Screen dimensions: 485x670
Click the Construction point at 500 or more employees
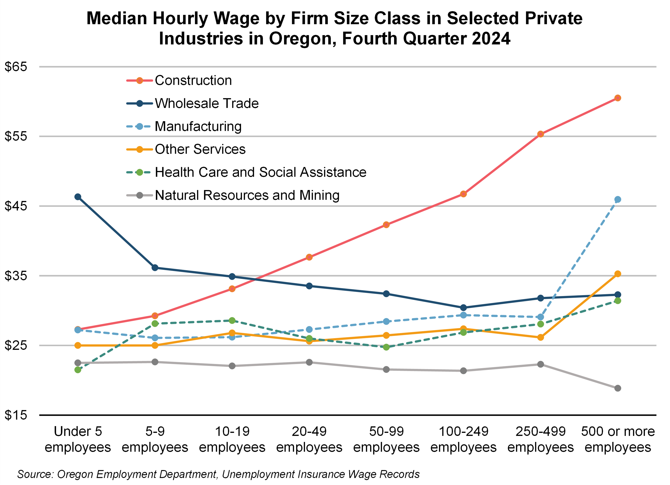617,98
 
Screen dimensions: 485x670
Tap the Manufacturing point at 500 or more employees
617,199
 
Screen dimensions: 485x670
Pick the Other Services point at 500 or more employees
617,274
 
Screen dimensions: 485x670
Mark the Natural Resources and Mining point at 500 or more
617,388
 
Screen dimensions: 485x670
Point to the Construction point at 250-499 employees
540,134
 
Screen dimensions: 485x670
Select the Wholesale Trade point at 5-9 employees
155,268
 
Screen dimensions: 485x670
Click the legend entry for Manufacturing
198,126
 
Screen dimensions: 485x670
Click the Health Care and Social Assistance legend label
260,172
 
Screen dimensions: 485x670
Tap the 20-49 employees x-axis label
309,439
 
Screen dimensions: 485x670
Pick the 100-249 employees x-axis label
463,439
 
